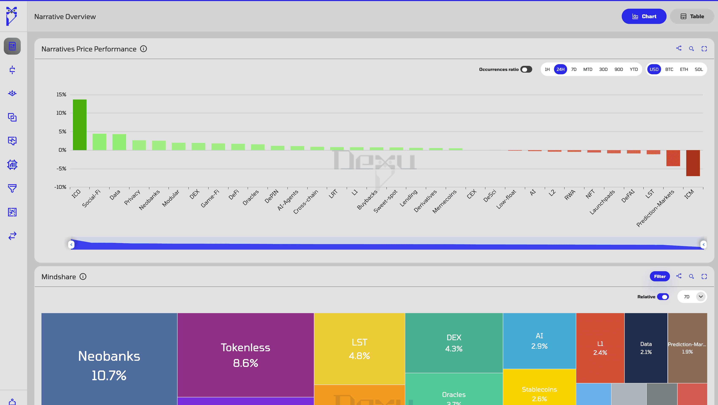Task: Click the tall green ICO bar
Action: click(x=80, y=125)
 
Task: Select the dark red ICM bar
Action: click(x=693, y=163)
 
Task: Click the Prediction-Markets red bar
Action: click(x=673, y=158)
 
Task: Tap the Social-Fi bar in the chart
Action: click(x=99, y=142)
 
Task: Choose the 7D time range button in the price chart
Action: click(x=574, y=69)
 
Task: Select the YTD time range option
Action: click(x=634, y=69)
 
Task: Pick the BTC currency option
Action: click(x=669, y=69)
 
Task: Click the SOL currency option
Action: click(x=699, y=69)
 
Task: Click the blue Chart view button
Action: click(x=644, y=17)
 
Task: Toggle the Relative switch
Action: click(x=663, y=297)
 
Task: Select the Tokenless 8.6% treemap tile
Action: click(x=245, y=355)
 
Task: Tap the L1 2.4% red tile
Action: click(x=600, y=348)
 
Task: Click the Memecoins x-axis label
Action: click(x=445, y=201)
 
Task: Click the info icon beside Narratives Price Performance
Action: click(x=143, y=49)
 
